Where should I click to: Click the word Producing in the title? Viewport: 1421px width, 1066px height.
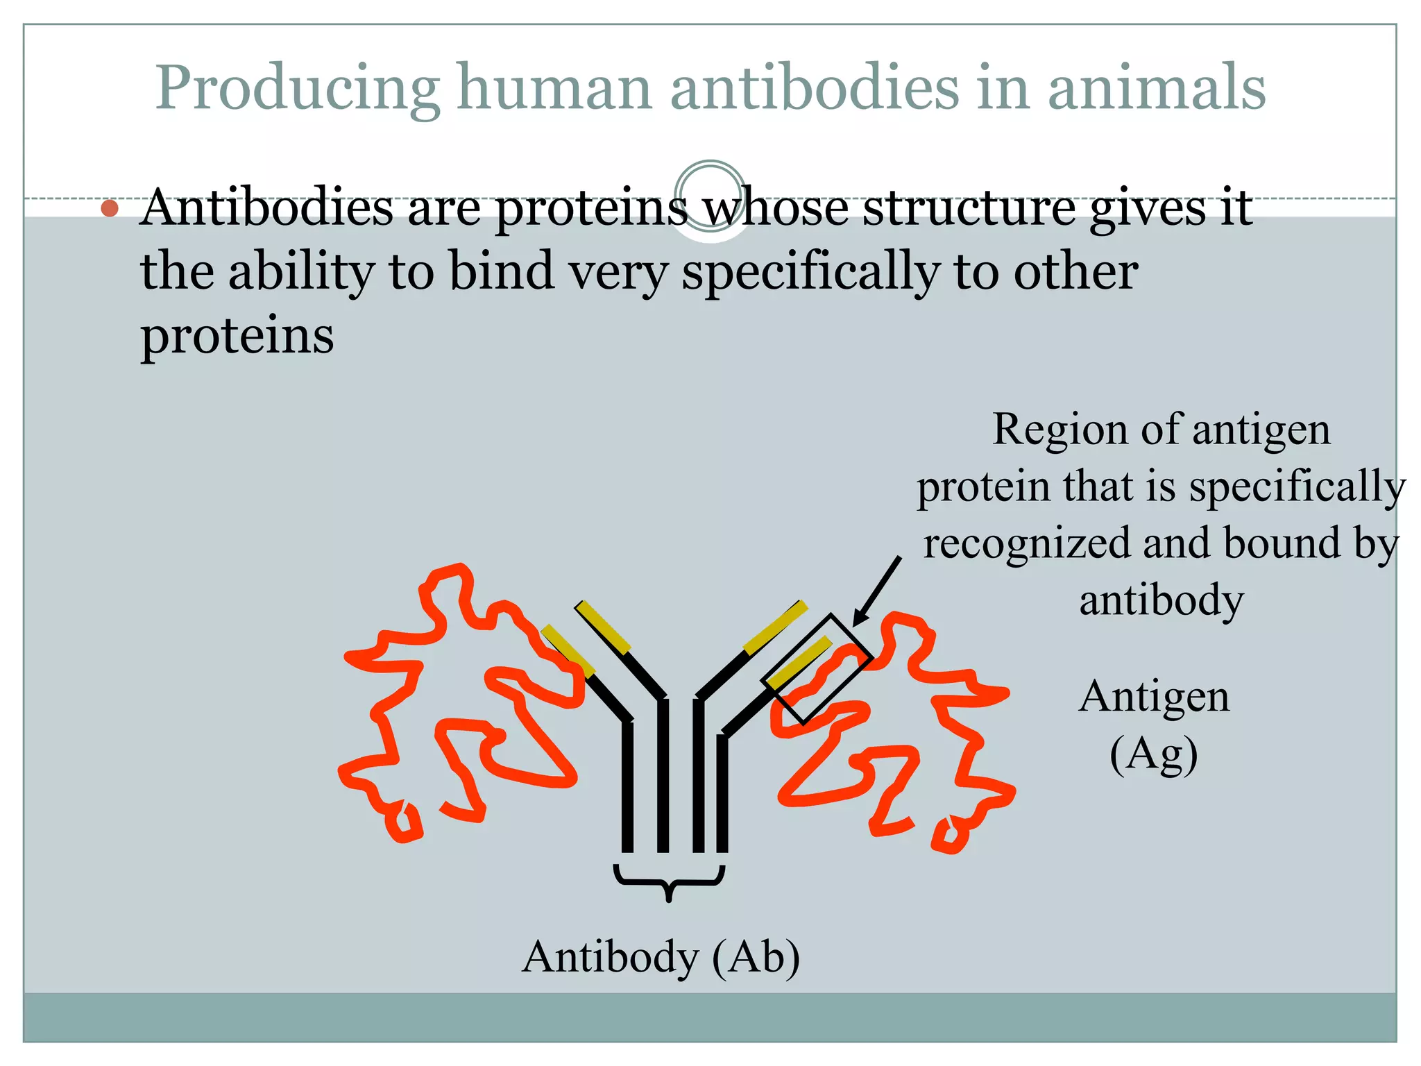(297, 89)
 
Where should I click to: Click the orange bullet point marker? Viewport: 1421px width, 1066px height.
(110, 208)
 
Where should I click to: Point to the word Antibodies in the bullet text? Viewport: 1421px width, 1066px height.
(266, 208)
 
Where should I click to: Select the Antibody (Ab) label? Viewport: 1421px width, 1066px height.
(661, 957)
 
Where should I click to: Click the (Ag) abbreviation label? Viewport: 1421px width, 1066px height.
(1153, 754)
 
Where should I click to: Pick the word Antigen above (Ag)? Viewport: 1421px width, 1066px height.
(1154, 697)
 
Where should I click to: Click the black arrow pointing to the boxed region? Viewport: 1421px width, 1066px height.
(878, 591)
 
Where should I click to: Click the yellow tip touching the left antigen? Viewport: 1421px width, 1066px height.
(568, 650)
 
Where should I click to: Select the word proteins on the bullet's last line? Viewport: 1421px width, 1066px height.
(237, 335)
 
